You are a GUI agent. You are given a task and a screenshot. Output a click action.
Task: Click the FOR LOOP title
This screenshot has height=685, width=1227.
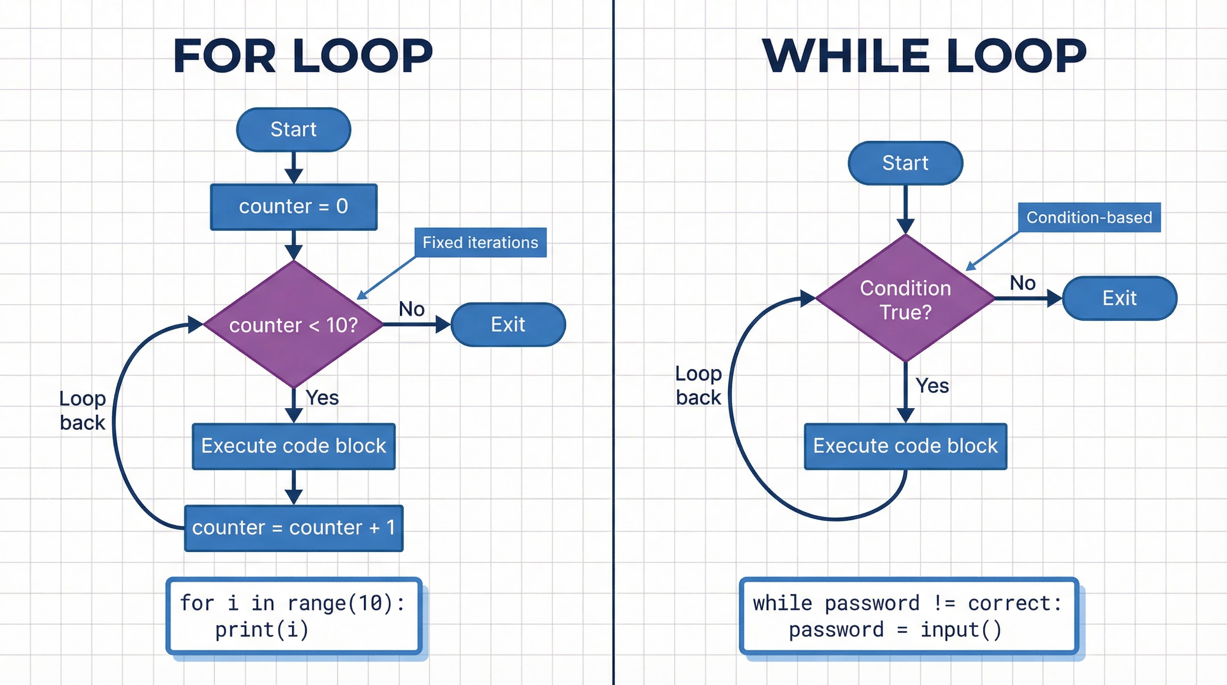(303, 56)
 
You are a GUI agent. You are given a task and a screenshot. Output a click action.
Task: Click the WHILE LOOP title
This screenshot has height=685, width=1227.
(924, 56)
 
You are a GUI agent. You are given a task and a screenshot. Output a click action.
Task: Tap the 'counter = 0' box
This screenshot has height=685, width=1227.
(293, 207)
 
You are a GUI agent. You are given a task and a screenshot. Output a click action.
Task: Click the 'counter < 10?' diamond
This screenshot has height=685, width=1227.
(293, 325)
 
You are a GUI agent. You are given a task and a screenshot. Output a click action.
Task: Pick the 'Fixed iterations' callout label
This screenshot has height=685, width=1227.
(480, 243)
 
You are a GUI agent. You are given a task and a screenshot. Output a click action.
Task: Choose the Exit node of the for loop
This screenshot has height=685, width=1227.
(508, 324)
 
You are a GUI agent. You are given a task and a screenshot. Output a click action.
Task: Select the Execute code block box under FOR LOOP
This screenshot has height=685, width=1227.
(293, 446)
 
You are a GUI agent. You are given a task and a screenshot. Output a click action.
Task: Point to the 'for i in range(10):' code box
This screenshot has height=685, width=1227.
(293, 615)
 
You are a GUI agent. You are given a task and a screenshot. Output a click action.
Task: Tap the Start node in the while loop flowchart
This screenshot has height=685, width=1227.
(905, 163)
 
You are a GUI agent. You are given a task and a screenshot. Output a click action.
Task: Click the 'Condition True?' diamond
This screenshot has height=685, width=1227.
(905, 299)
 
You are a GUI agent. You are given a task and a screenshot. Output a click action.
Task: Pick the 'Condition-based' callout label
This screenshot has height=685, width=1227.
(1089, 217)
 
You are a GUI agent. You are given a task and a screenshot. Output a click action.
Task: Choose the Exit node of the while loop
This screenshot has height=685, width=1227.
(1120, 298)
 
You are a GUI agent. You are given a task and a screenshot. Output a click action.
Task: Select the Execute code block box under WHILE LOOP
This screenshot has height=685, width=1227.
(905, 446)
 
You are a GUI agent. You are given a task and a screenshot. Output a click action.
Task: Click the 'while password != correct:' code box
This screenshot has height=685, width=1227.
(908, 615)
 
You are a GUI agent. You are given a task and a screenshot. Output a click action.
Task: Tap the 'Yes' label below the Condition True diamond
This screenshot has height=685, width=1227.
(932, 385)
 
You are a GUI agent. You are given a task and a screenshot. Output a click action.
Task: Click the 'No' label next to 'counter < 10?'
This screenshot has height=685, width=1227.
(412, 309)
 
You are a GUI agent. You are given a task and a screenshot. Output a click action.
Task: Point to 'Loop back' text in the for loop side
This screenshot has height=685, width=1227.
(82, 411)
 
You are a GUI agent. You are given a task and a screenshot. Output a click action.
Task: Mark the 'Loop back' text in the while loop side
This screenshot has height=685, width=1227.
(698, 385)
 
